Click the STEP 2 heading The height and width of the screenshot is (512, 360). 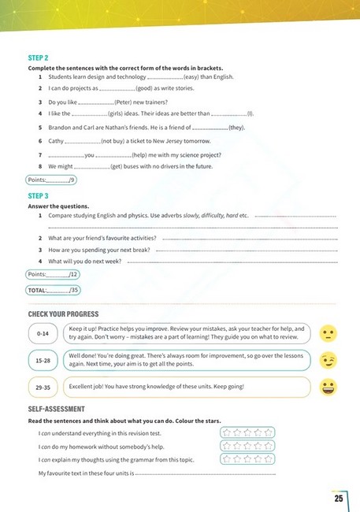tap(38, 58)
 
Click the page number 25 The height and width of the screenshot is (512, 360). tap(338, 498)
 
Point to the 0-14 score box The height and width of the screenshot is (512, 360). tap(43, 335)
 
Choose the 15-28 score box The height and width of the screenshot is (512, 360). tap(43, 361)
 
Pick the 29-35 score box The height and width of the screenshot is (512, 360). tap(43, 387)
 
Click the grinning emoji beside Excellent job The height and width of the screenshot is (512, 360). tap(328, 387)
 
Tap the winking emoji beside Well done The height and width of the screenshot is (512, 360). tap(328, 361)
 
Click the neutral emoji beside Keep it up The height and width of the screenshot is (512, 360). tap(328, 334)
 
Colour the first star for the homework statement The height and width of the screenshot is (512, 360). tap(227, 446)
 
